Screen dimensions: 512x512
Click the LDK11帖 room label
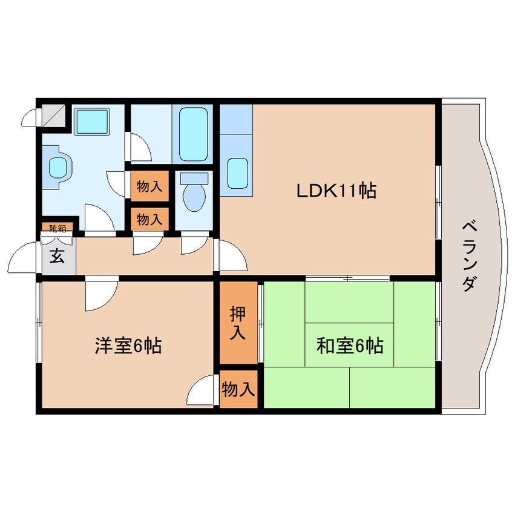[336, 191]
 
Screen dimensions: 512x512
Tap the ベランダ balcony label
[470, 255]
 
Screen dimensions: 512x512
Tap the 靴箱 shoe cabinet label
[57, 228]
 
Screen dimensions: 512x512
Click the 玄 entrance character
[57, 257]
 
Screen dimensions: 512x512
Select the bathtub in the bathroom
[192, 133]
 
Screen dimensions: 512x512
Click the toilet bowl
[194, 192]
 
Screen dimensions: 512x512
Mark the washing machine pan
[91, 122]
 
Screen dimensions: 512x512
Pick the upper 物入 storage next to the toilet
[149, 186]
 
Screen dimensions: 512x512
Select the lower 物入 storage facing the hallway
[149, 219]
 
